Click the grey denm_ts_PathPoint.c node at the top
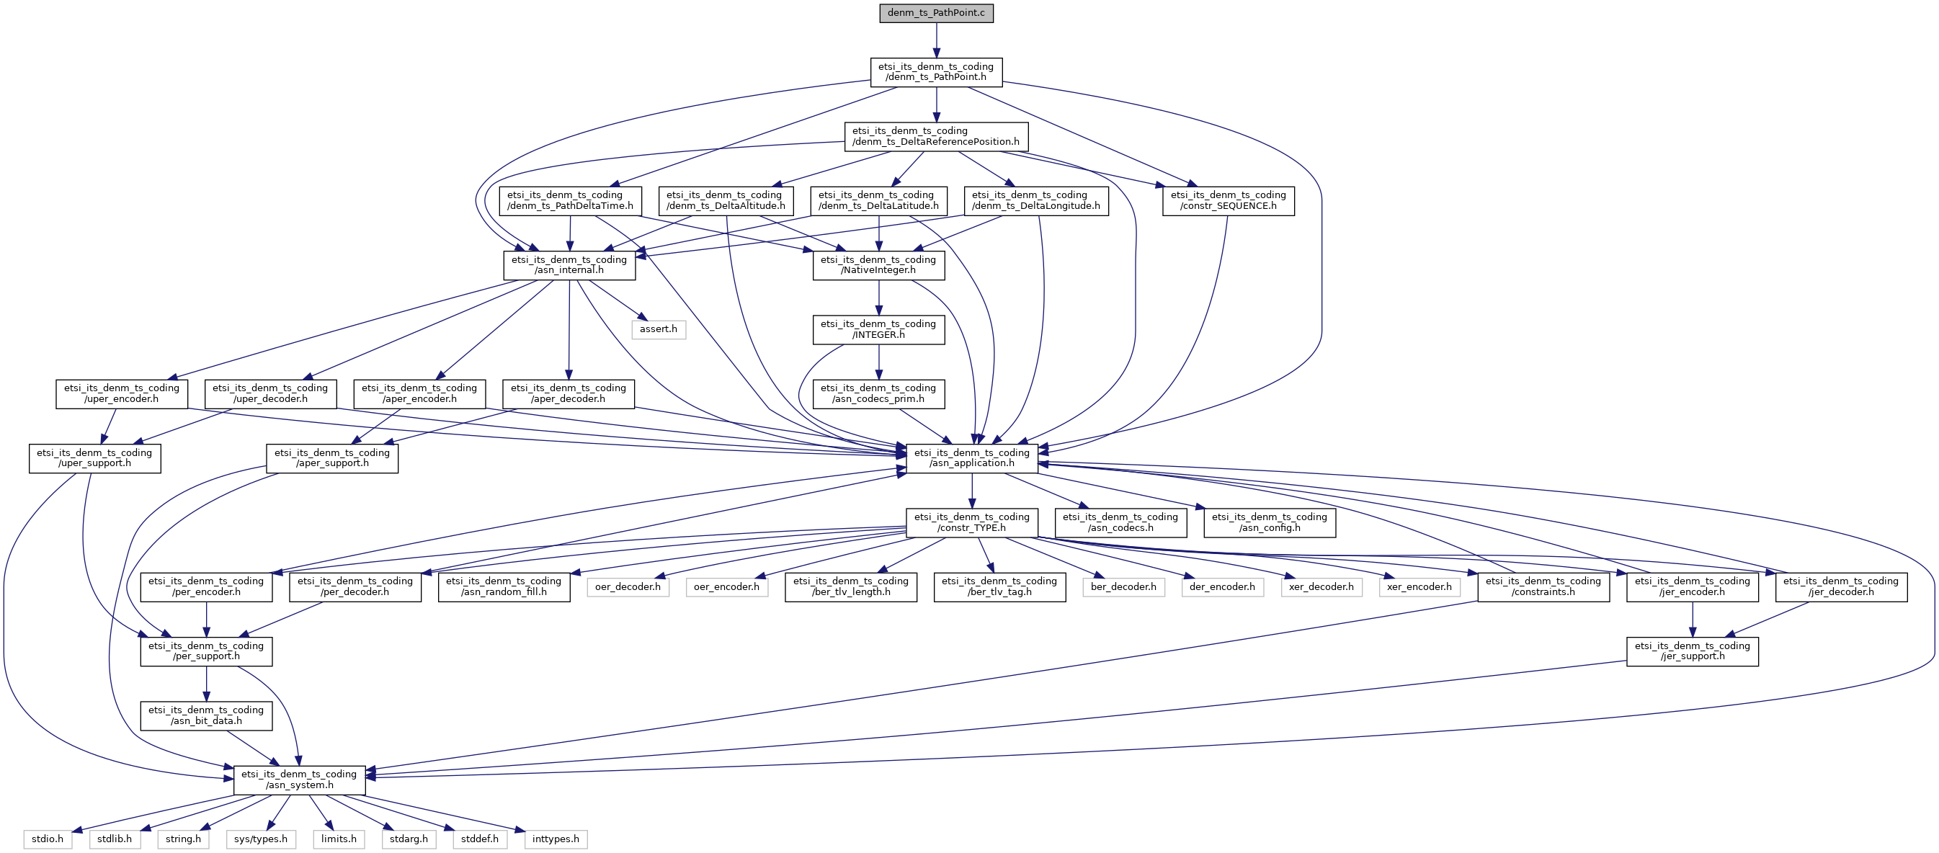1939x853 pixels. (937, 13)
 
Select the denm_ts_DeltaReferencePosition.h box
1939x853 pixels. (937, 136)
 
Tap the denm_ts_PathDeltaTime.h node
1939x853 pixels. (571, 200)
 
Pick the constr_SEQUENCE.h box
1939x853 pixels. (1229, 200)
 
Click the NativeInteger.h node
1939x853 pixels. (878, 265)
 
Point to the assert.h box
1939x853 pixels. (659, 329)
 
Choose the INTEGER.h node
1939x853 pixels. (878, 330)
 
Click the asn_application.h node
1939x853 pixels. (972, 457)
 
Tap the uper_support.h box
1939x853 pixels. (95, 457)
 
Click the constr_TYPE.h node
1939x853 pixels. (972, 522)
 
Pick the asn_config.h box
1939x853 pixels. (1270, 522)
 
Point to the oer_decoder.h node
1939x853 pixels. (628, 587)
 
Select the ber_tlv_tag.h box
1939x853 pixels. (999, 586)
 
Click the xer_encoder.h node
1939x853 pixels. (1419, 587)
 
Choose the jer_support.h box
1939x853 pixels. (1693, 651)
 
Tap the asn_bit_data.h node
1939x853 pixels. (206, 715)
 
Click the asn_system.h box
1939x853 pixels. (300, 780)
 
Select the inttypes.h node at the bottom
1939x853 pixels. (556, 839)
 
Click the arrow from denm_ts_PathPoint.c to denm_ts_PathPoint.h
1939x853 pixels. (937, 40)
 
